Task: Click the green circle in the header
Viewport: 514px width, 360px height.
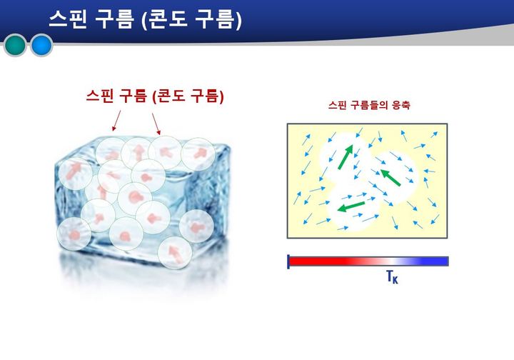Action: click(15, 46)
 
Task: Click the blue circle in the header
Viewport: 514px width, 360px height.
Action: click(41, 46)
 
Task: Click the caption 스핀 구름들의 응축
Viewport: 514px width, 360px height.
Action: click(368, 105)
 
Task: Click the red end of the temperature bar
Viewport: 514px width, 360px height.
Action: click(307, 261)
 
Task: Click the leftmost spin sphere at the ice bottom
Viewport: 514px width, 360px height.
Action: click(74, 234)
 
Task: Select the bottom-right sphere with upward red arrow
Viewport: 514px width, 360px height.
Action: click(172, 251)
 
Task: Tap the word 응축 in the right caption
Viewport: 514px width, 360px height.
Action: click(400, 105)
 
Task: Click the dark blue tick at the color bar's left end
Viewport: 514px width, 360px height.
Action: click(288, 261)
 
